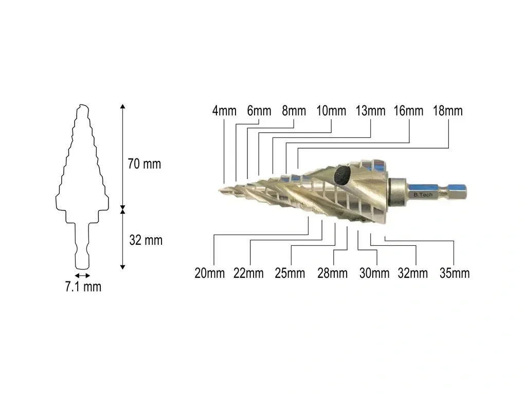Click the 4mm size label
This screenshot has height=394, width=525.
(224, 111)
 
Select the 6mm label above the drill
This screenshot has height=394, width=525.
(259, 111)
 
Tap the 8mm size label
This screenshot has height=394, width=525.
(294, 111)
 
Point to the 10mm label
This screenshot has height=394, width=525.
(332, 111)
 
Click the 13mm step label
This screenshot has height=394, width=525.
(371, 111)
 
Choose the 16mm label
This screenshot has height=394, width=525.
(408, 111)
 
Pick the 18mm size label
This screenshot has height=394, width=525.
(448, 111)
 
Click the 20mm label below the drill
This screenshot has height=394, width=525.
(210, 274)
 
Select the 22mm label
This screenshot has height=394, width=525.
(248, 274)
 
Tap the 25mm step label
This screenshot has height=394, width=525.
(290, 274)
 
